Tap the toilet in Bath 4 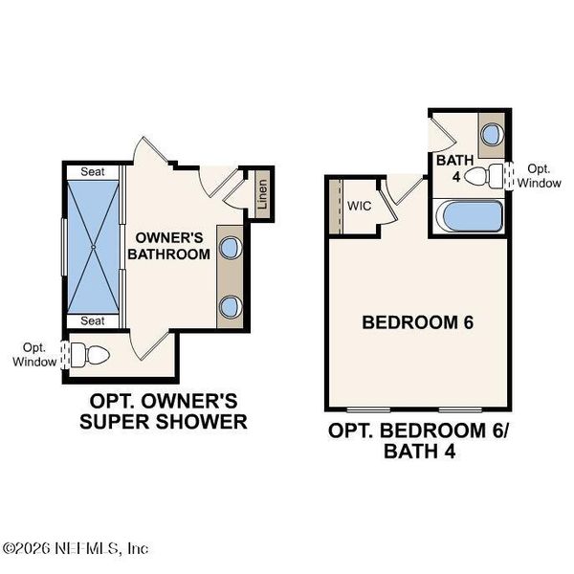(x=495, y=175)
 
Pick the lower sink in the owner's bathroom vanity (x=230, y=307)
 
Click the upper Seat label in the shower (x=93, y=171)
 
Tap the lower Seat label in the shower (x=93, y=320)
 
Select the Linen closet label (x=262, y=195)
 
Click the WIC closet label (x=360, y=206)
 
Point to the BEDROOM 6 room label (x=418, y=322)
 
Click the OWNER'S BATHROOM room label (x=171, y=246)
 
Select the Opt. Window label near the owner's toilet (x=31, y=355)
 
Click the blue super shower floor (x=93, y=246)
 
